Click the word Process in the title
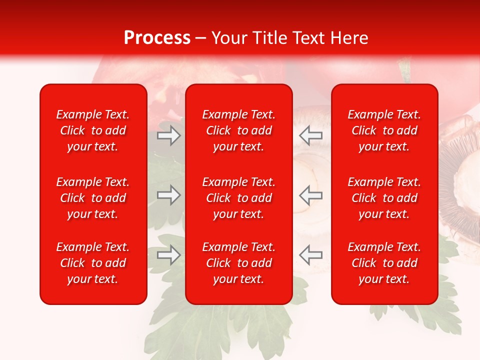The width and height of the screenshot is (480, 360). tap(157, 38)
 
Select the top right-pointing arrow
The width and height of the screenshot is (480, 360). tap(169, 135)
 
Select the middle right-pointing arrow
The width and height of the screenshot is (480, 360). tap(169, 195)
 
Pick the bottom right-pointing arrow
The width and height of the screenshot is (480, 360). tap(169, 255)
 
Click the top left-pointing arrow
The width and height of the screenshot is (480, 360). tap(310, 135)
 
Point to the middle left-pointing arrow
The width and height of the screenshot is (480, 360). tap(310, 195)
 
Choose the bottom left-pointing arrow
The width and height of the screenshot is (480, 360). tap(310, 255)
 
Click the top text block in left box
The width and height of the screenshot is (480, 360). tap(93, 130)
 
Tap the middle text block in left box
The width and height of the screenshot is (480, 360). tap(93, 198)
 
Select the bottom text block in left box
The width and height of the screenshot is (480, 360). tap(93, 263)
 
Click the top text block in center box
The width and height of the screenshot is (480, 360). tap(238, 130)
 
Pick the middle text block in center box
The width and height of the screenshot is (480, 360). tap(238, 198)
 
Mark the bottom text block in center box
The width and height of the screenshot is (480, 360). tap(238, 263)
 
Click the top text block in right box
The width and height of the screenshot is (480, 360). tap(384, 130)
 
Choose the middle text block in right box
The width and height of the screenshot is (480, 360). tap(384, 198)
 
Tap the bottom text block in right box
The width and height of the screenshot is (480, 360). tap(384, 263)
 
